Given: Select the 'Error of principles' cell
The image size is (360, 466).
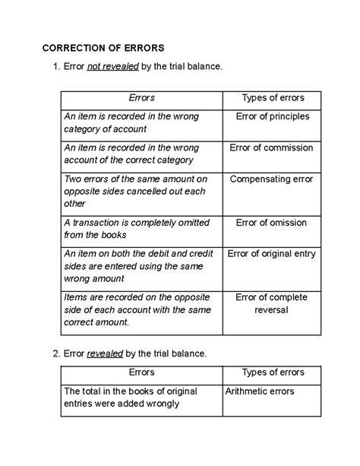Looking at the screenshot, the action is (272, 116).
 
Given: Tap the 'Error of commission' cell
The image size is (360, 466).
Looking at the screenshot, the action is (272, 147).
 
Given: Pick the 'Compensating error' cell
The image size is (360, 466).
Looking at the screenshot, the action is (272, 179).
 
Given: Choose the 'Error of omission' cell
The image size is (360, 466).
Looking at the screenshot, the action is (272, 223).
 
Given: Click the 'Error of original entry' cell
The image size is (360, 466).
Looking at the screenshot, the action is (272, 254).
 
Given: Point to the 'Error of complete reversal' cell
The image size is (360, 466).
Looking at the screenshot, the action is (272, 303).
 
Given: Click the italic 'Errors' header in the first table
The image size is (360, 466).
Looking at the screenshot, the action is (142, 98).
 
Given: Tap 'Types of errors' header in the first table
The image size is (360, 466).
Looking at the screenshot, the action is (272, 98).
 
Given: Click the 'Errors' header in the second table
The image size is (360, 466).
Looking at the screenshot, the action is (142, 372).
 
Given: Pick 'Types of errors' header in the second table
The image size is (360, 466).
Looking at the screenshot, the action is (272, 372).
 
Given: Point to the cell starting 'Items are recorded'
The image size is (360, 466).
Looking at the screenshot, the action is (136, 309).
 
